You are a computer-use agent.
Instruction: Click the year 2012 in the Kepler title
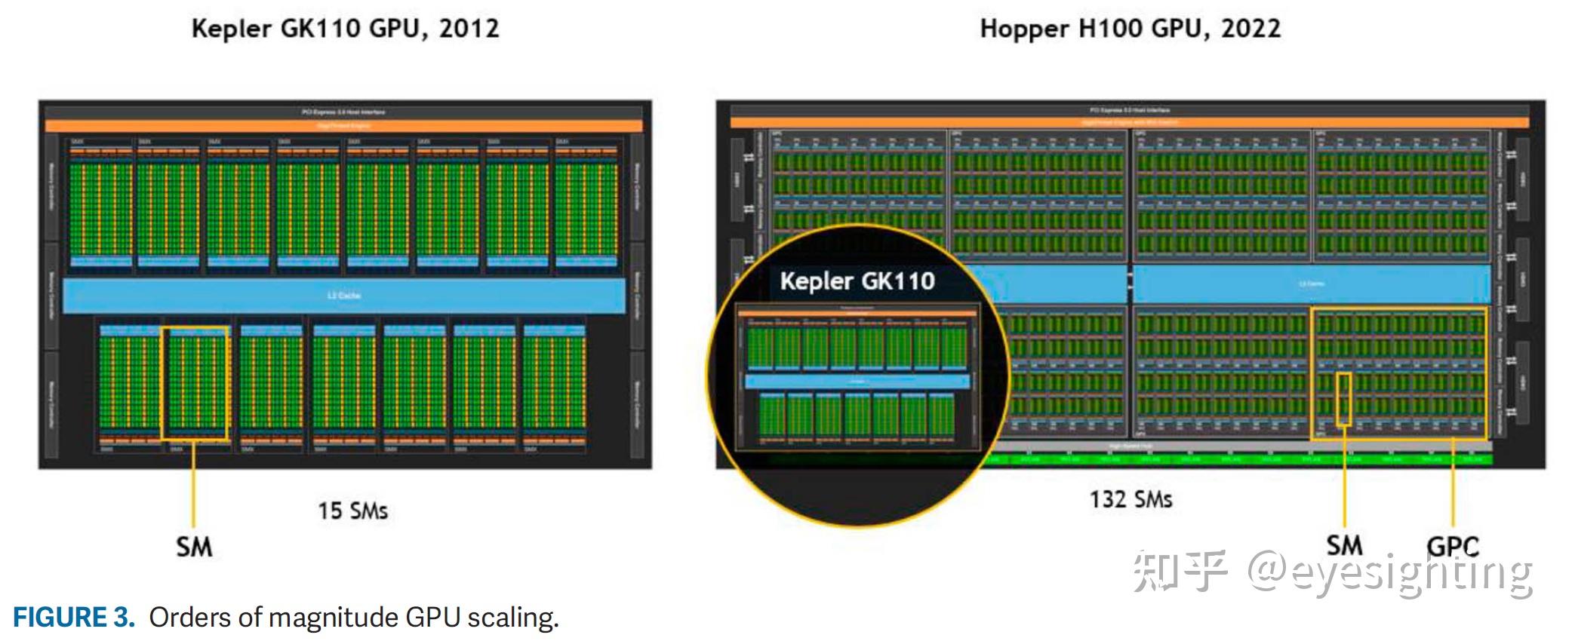tap(469, 29)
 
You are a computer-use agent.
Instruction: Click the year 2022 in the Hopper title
tap(1251, 29)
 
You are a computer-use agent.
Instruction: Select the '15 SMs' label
tap(352, 511)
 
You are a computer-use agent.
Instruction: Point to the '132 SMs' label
tap(1131, 499)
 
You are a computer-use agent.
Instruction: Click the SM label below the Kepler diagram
tap(194, 547)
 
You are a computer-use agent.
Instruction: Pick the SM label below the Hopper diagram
tap(1344, 545)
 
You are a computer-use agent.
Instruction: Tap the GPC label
tap(1453, 546)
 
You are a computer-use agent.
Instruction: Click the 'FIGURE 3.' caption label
tap(73, 618)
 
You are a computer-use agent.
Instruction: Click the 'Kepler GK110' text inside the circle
tap(857, 281)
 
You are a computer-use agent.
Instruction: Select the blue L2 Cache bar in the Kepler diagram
tap(344, 296)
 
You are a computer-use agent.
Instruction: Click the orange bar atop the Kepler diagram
tap(344, 125)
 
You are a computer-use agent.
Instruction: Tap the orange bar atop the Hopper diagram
tap(1129, 121)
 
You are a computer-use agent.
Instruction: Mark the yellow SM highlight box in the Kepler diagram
tap(195, 383)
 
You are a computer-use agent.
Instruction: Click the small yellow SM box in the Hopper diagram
tap(1344, 398)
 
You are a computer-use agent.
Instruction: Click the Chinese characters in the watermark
tap(1179, 570)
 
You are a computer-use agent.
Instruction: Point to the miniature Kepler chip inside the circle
tap(857, 377)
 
